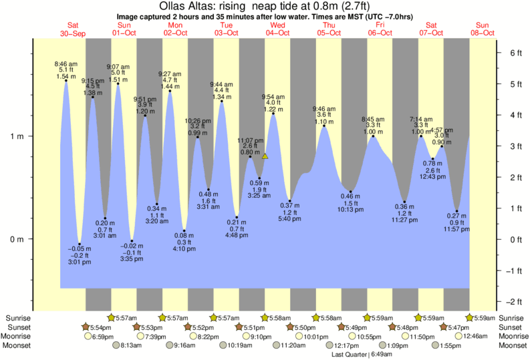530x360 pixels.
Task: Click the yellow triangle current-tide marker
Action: [265, 156]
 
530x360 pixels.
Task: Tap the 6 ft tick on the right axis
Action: [515, 53]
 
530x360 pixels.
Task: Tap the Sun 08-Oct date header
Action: [483, 29]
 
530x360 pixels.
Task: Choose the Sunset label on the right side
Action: [510, 327]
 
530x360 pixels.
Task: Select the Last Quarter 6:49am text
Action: [362, 355]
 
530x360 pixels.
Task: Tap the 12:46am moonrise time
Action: [461, 337]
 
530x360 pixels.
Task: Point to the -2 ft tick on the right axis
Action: [515, 301]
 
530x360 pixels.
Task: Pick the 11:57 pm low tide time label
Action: [457, 229]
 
